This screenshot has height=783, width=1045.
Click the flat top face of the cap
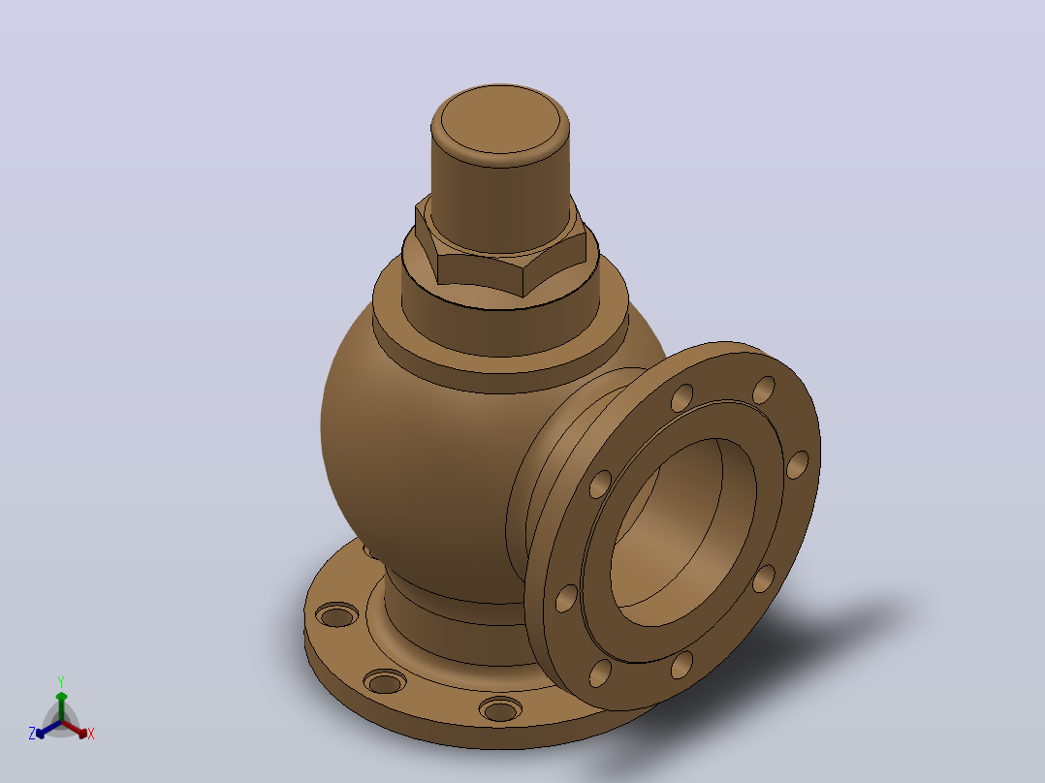pyautogui.click(x=500, y=120)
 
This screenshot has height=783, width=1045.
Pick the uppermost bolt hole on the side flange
pyautogui.click(x=764, y=390)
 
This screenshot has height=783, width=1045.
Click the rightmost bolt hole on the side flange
pyautogui.click(x=798, y=464)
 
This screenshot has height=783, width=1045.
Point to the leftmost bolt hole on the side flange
pyautogui.click(x=566, y=598)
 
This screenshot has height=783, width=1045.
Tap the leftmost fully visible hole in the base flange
pyautogui.click(x=336, y=614)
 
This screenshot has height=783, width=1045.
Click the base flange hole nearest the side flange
pyautogui.click(x=500, y=709)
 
